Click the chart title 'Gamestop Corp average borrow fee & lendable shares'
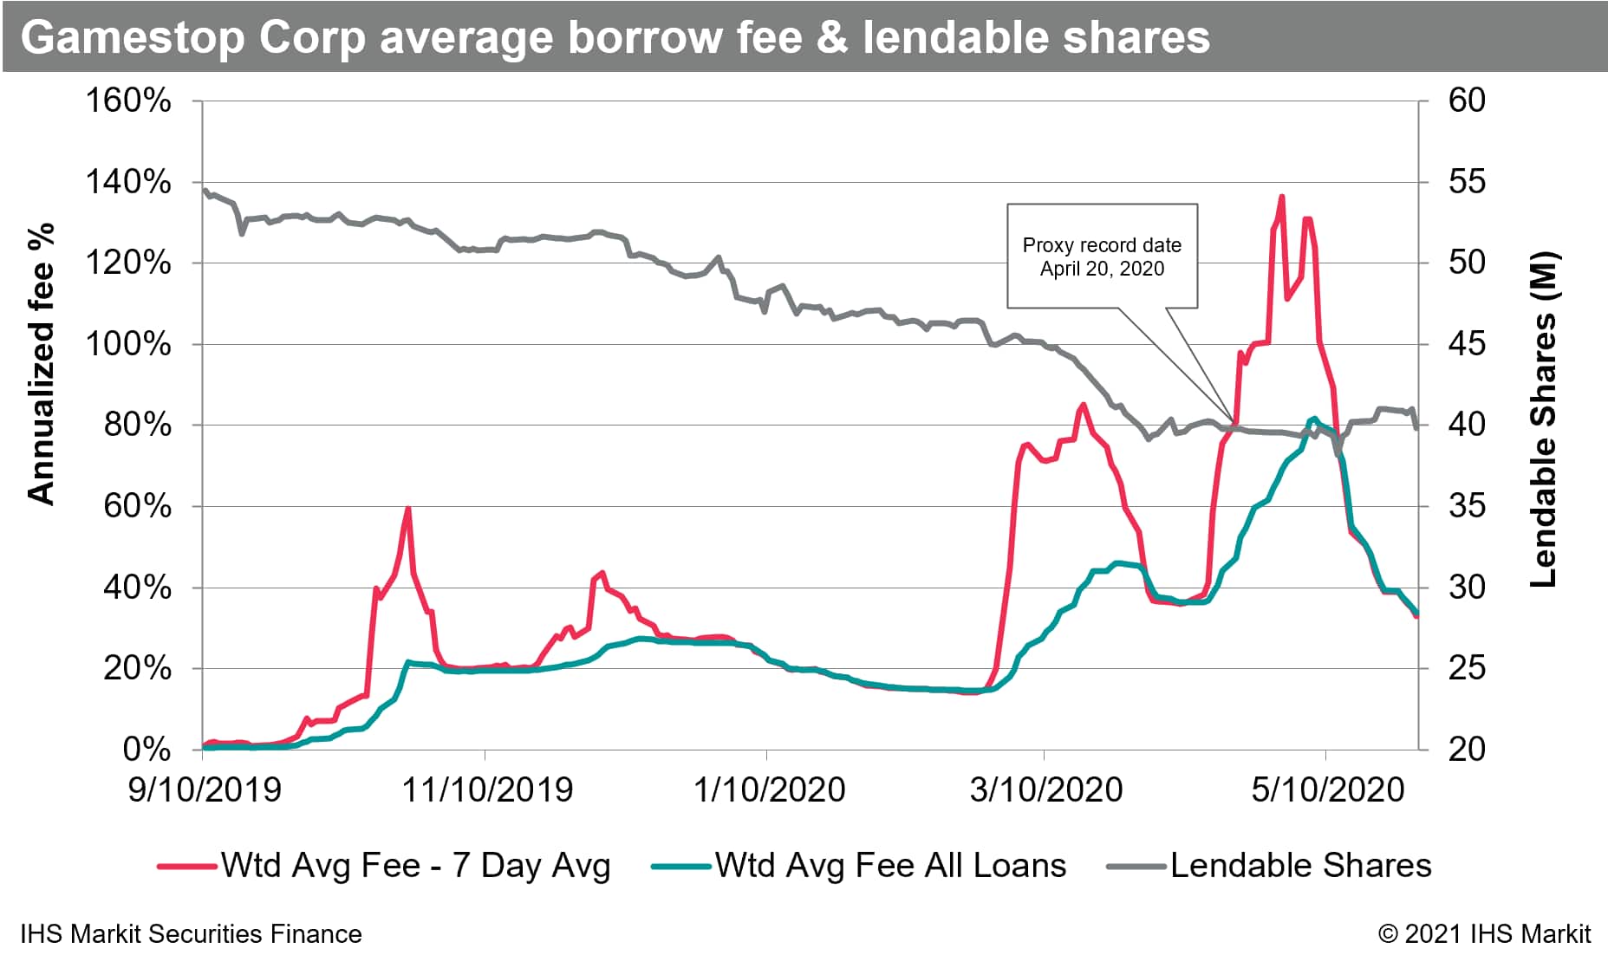615,37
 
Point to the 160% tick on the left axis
128,101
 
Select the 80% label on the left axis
137,426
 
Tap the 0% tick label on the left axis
146,750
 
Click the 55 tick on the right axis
1467,182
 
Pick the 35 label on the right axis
1467,506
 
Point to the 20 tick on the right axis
1467,750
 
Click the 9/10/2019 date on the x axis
205,789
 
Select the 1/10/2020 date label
769,789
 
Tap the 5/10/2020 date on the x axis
1327,789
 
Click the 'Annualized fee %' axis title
41,364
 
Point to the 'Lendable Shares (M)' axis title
1544,420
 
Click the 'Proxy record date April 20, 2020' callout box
1102,257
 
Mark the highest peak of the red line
1281,198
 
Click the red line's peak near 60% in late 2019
407,509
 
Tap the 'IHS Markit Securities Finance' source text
191,934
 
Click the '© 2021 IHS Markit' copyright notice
1484,934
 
